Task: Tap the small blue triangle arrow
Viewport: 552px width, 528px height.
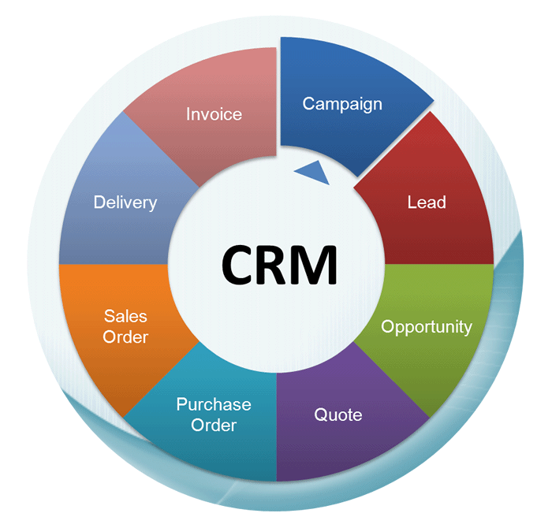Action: point(314,171)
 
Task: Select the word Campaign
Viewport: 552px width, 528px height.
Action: point(342,103)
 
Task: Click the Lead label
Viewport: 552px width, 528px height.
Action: point(427,202)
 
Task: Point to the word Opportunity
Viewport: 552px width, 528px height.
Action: point(427,326)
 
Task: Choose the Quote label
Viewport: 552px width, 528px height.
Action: point(338,414)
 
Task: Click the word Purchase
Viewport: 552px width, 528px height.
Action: point(214,405)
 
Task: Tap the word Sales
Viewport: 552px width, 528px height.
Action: point(126,316)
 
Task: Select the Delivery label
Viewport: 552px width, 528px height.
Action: point(125,203)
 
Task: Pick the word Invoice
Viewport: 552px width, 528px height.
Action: point(214,114)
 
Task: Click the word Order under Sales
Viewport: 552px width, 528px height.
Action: point(126,337)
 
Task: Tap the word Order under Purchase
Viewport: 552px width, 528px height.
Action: point(214,426)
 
